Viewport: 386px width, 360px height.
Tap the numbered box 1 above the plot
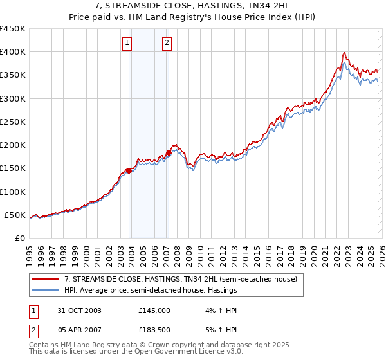(127, 43)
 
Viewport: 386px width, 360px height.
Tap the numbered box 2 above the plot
(167, 43)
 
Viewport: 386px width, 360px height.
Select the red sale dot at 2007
(169, 152)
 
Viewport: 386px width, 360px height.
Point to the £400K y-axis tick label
(14, 52)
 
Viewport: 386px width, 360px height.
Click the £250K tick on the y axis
(14, 122)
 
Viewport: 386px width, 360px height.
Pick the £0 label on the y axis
(20, 238)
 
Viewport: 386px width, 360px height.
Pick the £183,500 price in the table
(154, 331)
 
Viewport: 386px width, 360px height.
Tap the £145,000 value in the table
(154, 310)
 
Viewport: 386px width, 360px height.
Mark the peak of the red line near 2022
(345, 52)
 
